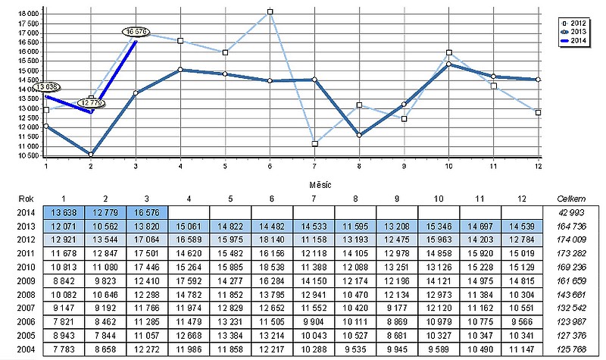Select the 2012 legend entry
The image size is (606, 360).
coord(574,23)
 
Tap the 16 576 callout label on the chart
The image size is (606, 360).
coord(136,32)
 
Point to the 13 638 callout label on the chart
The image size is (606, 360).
coord(47,87)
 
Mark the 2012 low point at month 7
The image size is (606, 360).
coord(314,143)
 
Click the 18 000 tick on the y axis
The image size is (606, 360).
coord(29,14)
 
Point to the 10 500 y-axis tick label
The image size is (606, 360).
coord(29,155)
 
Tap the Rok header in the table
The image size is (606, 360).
coord(25,198)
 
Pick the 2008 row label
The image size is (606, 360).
coord(25,295)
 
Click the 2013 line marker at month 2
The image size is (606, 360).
coord(91,155)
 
